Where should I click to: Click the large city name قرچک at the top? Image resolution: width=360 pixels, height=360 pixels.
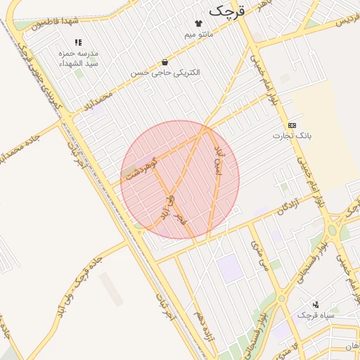[x=229, y=10]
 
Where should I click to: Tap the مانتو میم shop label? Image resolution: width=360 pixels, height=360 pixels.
[x=199, y=34]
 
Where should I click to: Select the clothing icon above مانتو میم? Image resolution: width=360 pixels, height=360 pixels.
[x=199, y=23]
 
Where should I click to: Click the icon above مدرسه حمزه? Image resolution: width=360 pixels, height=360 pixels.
[x=78, y=42]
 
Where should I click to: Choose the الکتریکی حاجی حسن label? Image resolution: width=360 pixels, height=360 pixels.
[x=165, y=72]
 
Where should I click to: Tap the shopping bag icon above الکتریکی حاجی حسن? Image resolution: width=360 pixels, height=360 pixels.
[x=165, y=62]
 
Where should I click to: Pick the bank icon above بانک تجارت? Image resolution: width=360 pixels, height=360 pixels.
[x=292, y=124]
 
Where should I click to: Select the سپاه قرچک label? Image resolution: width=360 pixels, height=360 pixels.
[x=316, y=314]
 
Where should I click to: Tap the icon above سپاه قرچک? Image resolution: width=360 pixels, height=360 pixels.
[x=316, y=304]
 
